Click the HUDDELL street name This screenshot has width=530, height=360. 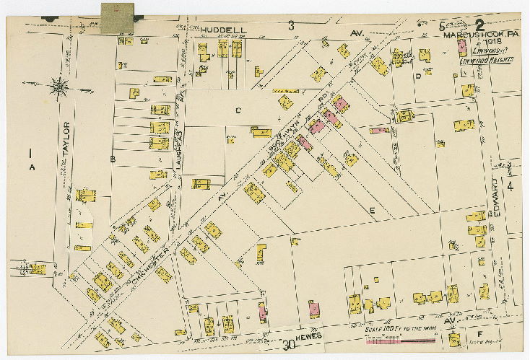(224, 30)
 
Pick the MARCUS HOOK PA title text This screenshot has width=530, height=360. (477, 34)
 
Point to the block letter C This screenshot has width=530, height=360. (236, 110)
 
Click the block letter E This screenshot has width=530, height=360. (373, 210)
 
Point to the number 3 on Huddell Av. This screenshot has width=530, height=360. (291, 26)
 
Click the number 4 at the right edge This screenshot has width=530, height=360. (510, 187)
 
